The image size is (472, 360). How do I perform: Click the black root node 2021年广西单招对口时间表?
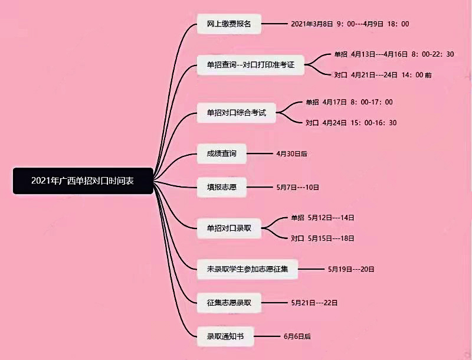tap(83, 181)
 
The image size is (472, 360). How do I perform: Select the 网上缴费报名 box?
tap(229, 24)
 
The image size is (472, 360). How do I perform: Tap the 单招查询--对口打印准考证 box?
tap(250, 64)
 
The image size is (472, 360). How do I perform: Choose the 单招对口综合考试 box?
tap(237, 112)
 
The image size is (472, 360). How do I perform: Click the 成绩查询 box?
tap(221, 153)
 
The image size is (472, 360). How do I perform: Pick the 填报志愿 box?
tap(221, 188)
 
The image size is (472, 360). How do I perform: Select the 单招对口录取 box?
tap(228, 228)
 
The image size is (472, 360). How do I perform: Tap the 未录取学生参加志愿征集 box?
tap(248, 269)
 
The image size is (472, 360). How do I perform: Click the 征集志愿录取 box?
tap(229, 303)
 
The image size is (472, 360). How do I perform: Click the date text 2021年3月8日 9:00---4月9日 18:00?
tap(350, 24)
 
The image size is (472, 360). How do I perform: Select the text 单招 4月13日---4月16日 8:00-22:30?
tap(394, 54)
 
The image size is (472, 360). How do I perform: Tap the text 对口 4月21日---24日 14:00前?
tap(383, 76)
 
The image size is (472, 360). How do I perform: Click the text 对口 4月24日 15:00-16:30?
tap(351, 123)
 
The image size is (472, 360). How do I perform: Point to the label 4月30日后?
tap(291, 153)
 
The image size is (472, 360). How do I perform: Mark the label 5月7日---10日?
tap(297, 188)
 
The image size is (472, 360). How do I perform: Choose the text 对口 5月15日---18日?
tap(323, 238)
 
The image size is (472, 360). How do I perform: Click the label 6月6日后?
tap(297, 336)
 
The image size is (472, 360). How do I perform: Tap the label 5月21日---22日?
tap(314, 303)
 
